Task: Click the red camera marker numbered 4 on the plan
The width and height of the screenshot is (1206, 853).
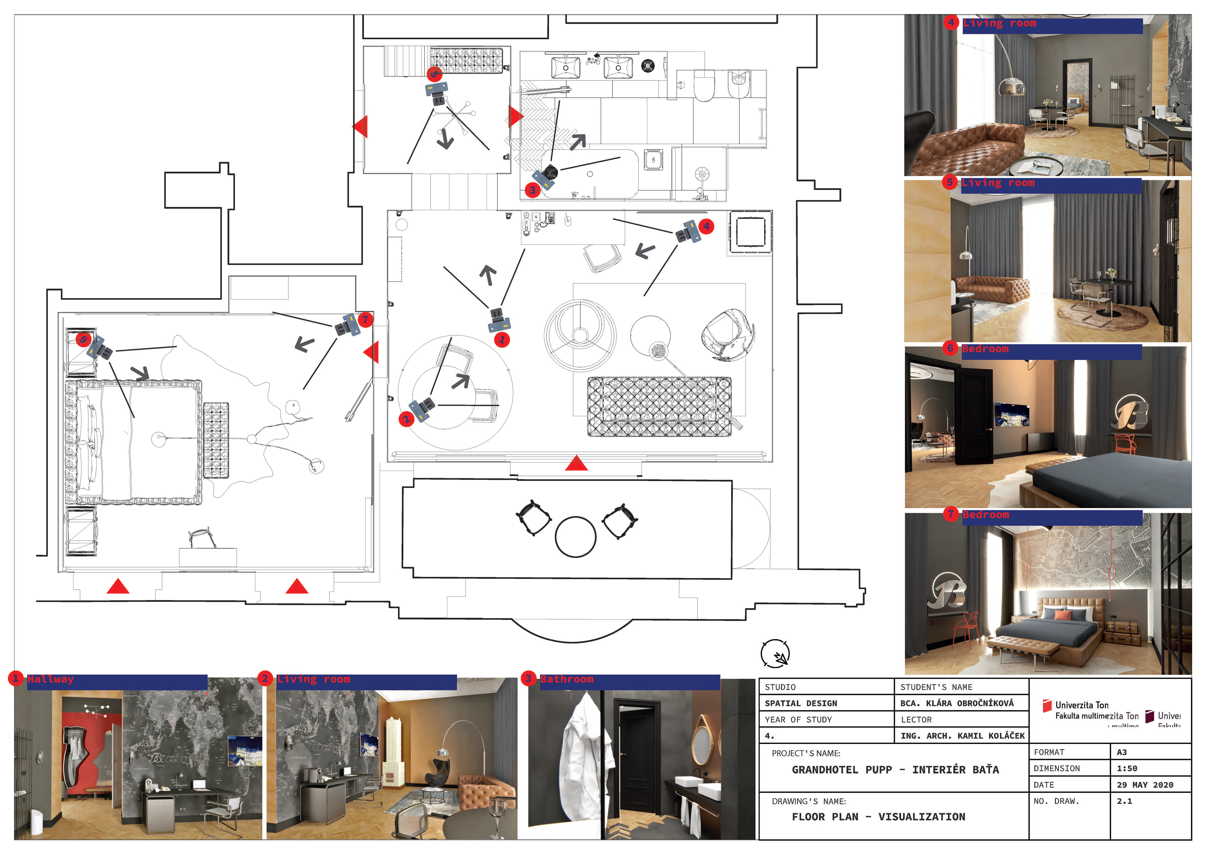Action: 706,227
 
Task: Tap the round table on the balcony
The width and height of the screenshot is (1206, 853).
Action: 576,537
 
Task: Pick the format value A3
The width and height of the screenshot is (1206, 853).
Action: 1122,752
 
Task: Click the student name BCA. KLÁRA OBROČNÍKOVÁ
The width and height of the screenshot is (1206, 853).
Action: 957,703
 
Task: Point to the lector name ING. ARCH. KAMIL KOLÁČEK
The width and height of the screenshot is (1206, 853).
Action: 962,736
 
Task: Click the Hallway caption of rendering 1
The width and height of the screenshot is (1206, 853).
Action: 51,679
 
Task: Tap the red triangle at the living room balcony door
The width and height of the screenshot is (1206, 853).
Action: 576,463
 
